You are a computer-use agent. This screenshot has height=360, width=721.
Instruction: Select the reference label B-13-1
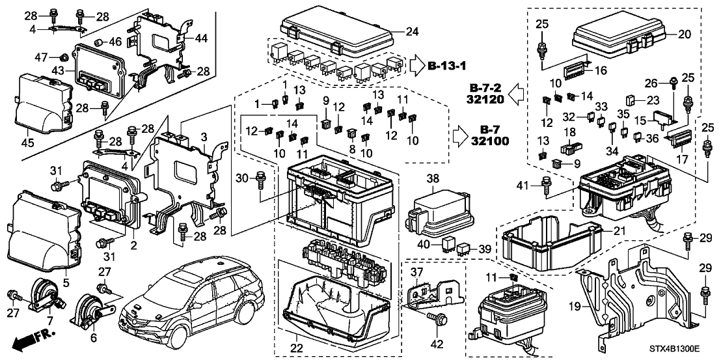coord(448,66)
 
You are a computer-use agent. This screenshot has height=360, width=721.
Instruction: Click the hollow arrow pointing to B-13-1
coord(416,66)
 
